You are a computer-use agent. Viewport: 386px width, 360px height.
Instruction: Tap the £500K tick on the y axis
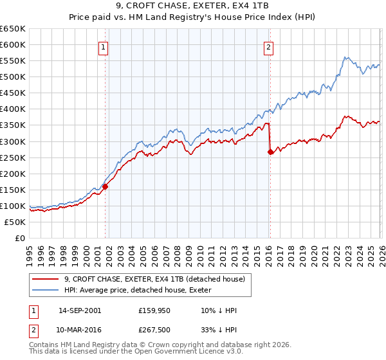pyautogui.click(x=13, y=77)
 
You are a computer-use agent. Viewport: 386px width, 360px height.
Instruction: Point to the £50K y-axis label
pyautogui.click(x=15, y=222)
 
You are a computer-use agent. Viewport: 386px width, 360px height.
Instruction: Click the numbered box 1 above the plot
pyautogui.click(x=103, y=46)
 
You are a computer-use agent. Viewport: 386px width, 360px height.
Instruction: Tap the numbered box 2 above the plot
pyautogui.click(x=268, y=46)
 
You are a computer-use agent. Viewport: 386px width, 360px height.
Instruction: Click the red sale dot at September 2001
pyautogui.click(x=105, y=186)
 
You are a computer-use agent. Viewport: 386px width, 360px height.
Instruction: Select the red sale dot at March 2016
pyautogui.click(x=270, y=152)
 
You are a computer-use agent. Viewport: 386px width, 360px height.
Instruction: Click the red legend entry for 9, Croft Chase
pyautogui.click(x=154, y=280)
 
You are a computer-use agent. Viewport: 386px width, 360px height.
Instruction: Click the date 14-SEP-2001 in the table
pyautogui.click(x=80, y=310)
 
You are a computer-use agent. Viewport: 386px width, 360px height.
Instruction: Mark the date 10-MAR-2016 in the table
pyautogui.click(x=80, y=328)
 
